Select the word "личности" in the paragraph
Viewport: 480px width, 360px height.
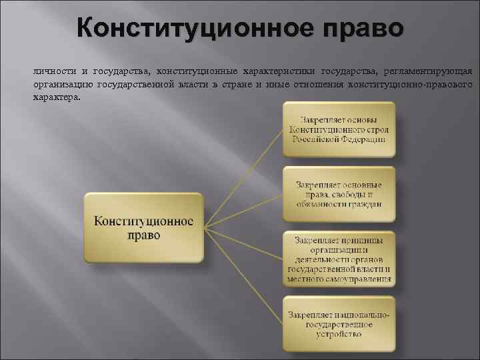52,72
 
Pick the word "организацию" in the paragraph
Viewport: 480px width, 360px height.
61,85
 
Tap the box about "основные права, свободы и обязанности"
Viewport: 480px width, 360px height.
339,194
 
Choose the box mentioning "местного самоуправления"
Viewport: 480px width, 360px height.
339,259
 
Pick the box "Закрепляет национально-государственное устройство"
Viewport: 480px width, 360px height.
339,324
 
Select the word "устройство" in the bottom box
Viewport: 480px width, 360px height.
339,335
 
